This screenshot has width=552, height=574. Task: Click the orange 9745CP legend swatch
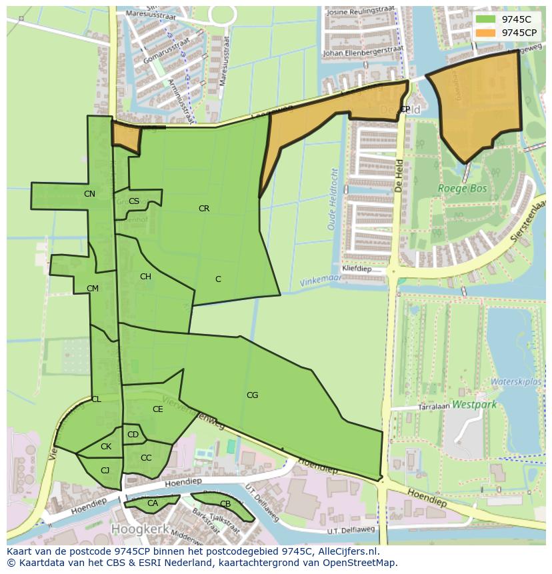tap(486, 33)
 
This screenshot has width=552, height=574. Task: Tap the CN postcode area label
tap(89, 194)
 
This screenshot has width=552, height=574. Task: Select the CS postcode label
tap(134, 201)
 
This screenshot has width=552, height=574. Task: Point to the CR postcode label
tap(204, 209)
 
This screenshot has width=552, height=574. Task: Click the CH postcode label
tap(145, 277)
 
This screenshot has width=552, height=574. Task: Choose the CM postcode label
tap(93, 289)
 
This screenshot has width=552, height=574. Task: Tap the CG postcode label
tap(252, 395)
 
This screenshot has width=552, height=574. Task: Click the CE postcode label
tap(158, 409)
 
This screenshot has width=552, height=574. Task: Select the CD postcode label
tap(133, 435)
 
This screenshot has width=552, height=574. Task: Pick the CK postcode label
tap(106, 447)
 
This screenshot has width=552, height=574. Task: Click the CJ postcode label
tap(105, 471)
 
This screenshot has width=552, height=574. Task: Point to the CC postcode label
tap(146, 458)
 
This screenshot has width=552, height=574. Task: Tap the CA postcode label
tap(153, 503)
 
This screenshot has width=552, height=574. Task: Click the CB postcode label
tap(225, 504)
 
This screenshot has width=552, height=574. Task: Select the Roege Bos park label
tap(462, 189)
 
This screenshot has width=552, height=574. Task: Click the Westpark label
tap(474, 404)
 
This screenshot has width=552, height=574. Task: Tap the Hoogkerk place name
tap(137, 529)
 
